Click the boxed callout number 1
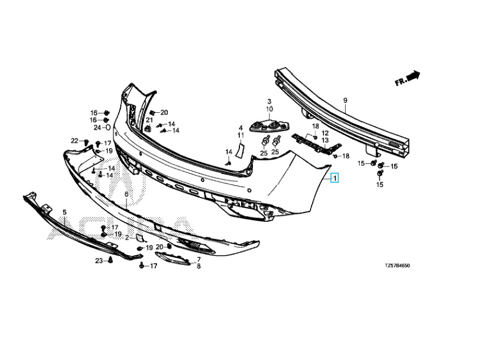[x=335, y=179]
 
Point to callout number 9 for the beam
[x=345, y=100]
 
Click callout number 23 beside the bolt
[x=99, y=261]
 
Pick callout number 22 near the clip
[x=74, y=141]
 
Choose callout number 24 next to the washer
[x=97, y=128]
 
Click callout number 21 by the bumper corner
[x=150, y=120]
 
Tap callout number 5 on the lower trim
[x=64, y=212]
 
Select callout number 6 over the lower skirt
[x=126, y=194]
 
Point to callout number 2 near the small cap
[x=128, y=238]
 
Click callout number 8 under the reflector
[x=198, y=266]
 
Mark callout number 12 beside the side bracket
[x=325, y=133]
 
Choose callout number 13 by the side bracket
[x=325, y=140]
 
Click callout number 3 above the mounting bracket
[x=269, y=101]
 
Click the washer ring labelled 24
[x=107, y=128]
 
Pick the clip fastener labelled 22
[x=86, y=142]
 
